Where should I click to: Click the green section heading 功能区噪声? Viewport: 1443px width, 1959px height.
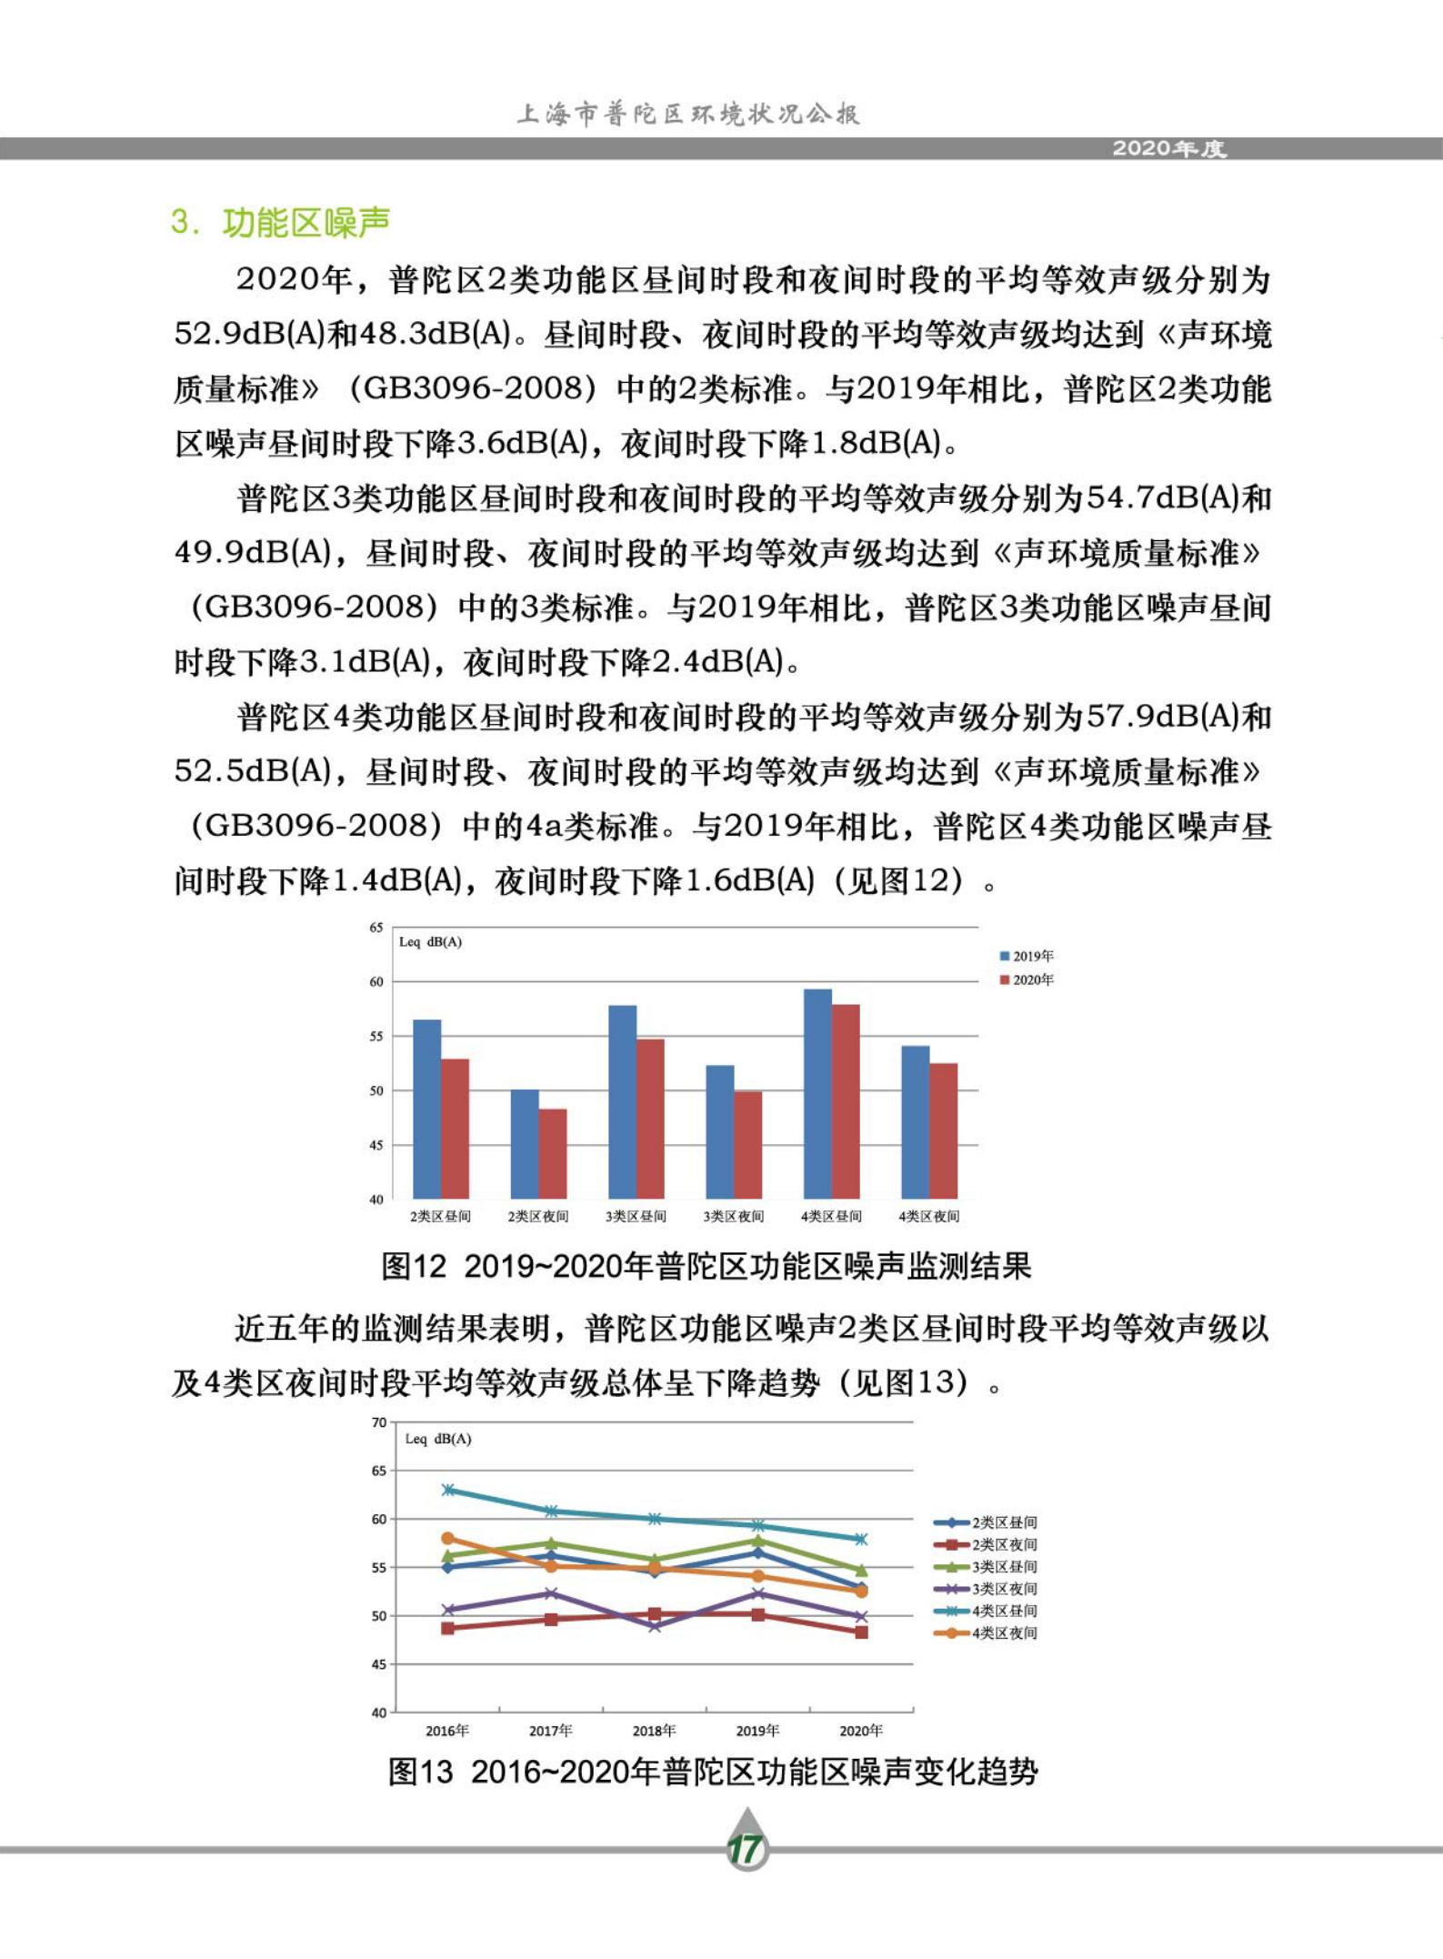[x=306, y=223]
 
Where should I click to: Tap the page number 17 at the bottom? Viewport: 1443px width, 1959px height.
[x=746, y=1849]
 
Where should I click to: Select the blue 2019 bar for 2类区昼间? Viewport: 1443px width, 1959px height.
[x=426, y=1110]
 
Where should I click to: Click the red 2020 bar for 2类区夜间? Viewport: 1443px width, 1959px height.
[x=553, y=1153]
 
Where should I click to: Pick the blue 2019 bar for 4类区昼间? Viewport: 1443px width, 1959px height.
[x=817, y=1094]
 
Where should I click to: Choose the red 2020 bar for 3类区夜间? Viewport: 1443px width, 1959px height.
[x=748, y=1144]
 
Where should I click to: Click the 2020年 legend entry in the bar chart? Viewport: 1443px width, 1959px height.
[x=1027, y=979]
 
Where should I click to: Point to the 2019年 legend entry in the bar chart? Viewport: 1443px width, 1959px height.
[x=1027, y=956]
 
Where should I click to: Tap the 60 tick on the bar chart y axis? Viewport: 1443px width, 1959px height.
[x=376, y=982]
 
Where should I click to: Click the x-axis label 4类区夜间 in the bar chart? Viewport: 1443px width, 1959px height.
[x=928, y=1216]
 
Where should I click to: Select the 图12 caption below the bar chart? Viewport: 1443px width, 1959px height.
[x=706, y=1266]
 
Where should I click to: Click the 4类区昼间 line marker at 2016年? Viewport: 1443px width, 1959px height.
[x=447, y=1490]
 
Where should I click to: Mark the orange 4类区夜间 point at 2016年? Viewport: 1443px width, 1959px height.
[x=447, y=1538]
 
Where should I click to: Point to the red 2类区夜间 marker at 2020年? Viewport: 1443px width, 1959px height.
[x=861, y=1632]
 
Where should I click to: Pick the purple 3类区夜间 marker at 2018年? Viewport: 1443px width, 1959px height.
[x=655, y=1626]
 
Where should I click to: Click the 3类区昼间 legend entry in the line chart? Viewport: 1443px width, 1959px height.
[x=987, y=1566]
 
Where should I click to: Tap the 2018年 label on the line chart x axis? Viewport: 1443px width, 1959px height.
[x=654, y=1730]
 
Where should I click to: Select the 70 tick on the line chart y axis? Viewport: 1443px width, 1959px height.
[x=379, y=1422]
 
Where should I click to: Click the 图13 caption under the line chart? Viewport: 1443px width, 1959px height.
[x=712, y=1772]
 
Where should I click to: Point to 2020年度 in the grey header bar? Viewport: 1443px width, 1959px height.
[x=1169, y=148]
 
